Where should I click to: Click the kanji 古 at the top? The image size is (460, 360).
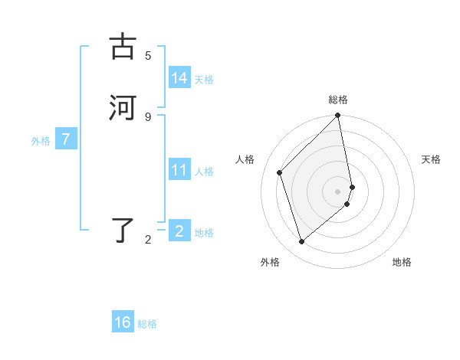click(123, 47)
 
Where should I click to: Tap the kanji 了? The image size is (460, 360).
click(123, 230)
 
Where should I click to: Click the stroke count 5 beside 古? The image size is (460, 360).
click(148, 56)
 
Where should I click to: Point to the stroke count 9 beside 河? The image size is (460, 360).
click(148, 116)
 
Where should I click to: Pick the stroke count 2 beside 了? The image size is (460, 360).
click(148, 240)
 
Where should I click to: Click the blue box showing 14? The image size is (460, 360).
click(179, 78)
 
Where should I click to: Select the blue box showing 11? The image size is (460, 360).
click(179, 170)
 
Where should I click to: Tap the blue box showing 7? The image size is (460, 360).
click(67, 140)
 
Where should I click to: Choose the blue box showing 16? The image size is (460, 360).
click(123, 322)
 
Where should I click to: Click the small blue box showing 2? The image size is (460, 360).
click(179, 231)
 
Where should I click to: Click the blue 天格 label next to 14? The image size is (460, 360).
click(204, 80)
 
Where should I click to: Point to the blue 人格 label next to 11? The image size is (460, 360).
click(204, 172)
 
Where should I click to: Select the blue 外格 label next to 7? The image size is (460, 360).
click(41, 141)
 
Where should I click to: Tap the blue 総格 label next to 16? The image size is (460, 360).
click(147, 324)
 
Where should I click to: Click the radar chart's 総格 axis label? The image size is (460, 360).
click(338, 100)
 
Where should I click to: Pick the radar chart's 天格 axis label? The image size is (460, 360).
click(431, 159)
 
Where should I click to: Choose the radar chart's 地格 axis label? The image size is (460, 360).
click(402, 262)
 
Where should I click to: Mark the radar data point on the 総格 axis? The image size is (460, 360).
click(338, 116)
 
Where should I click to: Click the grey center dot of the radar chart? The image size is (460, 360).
click(338, 191)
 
